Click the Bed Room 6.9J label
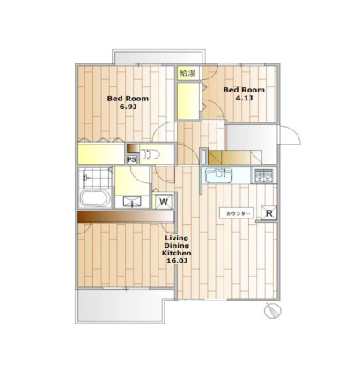coord(128,102)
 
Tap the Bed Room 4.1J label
coord(244,93)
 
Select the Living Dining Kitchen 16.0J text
coord(177,249)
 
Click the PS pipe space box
coord(132,159)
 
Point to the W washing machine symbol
coord(164,202)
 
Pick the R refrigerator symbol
coord(269,212)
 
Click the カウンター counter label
coord(237,213)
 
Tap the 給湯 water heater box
coord(187,73)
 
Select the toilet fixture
coord(150,154)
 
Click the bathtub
coord(95,198)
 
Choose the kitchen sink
coord(219,175)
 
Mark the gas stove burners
coord(263,175)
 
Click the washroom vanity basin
coord(132,202)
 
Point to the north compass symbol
coord(273,311)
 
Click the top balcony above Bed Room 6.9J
coord(158,57)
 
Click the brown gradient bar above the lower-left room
coord(126,217)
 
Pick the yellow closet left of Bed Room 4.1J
coord(188,101)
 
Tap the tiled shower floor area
coord(96,177)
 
